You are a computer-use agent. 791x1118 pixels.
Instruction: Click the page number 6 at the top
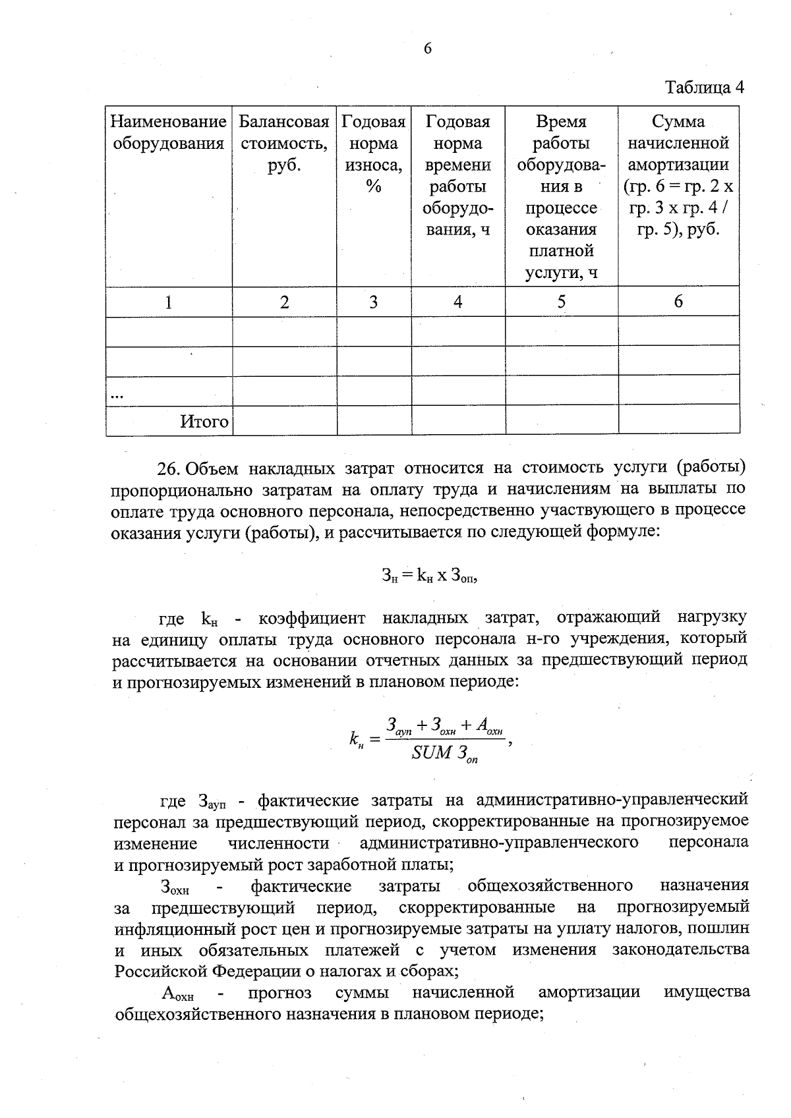pyautogui.click(x=427, y=49)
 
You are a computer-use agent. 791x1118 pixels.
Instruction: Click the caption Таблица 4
pyautogui.click(x=704, y=88)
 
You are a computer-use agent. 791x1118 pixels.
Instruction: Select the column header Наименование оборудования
pyautogui.click(x=168, y=132)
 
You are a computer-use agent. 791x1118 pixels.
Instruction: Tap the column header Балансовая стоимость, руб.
pyautogui.click(x=283, y=143)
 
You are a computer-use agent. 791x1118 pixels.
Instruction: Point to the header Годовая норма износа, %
pyautogui.click(x=373, y=154)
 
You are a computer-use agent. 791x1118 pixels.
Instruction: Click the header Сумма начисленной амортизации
pyautogui.click(x=678, y=175)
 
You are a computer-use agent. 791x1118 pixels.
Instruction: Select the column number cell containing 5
pyautogui.click(x=561, y=302)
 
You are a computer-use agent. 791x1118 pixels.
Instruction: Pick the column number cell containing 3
pyautogui.click(x=373, y=302)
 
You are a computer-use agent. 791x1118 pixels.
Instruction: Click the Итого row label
pyautogui.click(x=204, y=422)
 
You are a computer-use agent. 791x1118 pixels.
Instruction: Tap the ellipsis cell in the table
pyautogui.click(x=117, y=394)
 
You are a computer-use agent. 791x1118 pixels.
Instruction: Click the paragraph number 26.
pyautogui.click(x=168, y=468)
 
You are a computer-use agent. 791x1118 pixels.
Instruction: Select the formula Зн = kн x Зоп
pyautogui.click(x=429, y=575)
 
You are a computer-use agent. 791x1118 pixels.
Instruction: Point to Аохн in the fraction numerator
pyautogui.click(x=489, y=727)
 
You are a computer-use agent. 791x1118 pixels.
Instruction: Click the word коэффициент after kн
pyautogui.click(x=312, y=619)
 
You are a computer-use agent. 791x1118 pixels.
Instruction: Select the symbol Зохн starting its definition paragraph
pyautogui.click(x=175, y=887)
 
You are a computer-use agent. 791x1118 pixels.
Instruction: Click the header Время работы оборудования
pyautogui.click(x=561, y=196)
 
